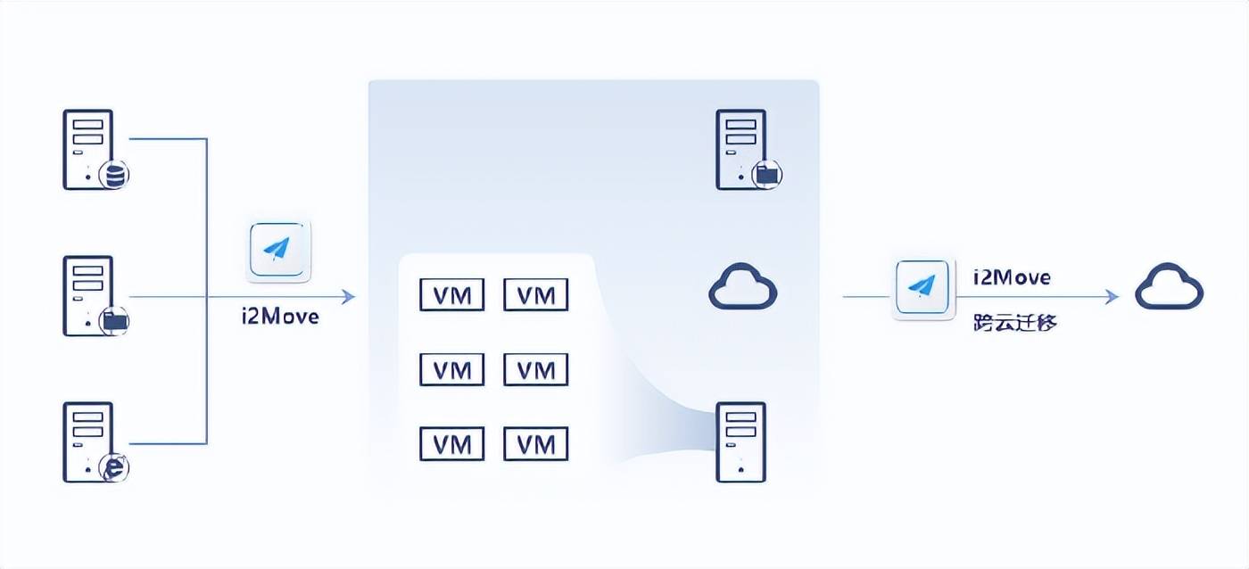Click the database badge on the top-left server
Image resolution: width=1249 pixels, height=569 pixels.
114,175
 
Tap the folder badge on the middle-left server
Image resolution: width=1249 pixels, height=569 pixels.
114,321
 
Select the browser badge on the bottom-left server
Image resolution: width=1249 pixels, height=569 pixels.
114,467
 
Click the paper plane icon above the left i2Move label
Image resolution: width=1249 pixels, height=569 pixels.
277,250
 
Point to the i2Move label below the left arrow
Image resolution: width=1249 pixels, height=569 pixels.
280,317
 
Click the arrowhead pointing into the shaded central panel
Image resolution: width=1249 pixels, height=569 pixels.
349,296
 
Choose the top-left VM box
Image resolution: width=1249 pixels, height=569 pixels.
451,295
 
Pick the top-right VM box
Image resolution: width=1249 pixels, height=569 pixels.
536,295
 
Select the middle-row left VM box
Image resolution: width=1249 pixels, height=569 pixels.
451,369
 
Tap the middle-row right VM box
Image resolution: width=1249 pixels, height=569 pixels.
536,369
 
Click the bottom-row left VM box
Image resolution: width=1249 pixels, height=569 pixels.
451,443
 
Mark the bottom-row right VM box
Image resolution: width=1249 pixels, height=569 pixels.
536,443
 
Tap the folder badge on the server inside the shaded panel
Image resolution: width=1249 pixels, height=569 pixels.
767,175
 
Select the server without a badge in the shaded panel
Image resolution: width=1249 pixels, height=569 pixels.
740,442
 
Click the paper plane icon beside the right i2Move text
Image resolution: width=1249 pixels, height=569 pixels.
922,287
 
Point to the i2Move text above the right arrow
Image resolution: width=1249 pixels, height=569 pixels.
1012,277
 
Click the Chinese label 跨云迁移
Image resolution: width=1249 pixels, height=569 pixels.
1015,323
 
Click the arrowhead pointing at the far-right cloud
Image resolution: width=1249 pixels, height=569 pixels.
1113,296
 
